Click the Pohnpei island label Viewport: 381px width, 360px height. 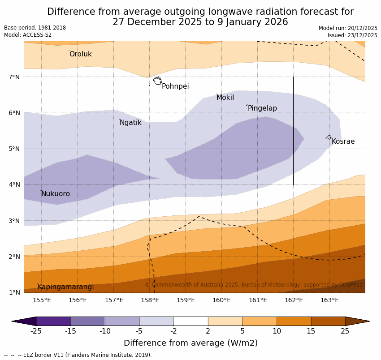click(175, 86)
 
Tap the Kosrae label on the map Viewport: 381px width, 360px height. click(343, 141)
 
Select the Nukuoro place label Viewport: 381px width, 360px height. click(56, 194)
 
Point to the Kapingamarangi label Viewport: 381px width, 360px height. click(66, 287)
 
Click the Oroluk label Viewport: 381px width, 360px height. click(80, 54)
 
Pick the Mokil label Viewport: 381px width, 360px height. click(225, 98)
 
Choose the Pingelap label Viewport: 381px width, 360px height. click(262, 108)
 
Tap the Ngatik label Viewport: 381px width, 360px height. click(130, 123)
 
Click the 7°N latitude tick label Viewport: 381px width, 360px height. click(14, 77)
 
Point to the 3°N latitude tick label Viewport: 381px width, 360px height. click(14, 221)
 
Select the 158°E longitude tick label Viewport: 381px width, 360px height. click(150, 300)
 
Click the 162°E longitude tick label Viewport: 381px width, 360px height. click(294, 300)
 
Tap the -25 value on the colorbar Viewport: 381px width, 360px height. click(36, 331)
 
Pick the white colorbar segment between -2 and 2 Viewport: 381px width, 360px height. click(190, 321)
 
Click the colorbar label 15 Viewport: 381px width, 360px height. click(311, 331)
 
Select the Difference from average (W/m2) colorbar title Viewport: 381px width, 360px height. click(190, 343)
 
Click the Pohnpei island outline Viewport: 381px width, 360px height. click(157, 81)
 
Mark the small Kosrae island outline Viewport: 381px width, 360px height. click(329, 137)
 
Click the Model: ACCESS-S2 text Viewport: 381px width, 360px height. click(28, 35)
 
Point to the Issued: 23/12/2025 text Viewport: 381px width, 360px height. click(352, 35)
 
